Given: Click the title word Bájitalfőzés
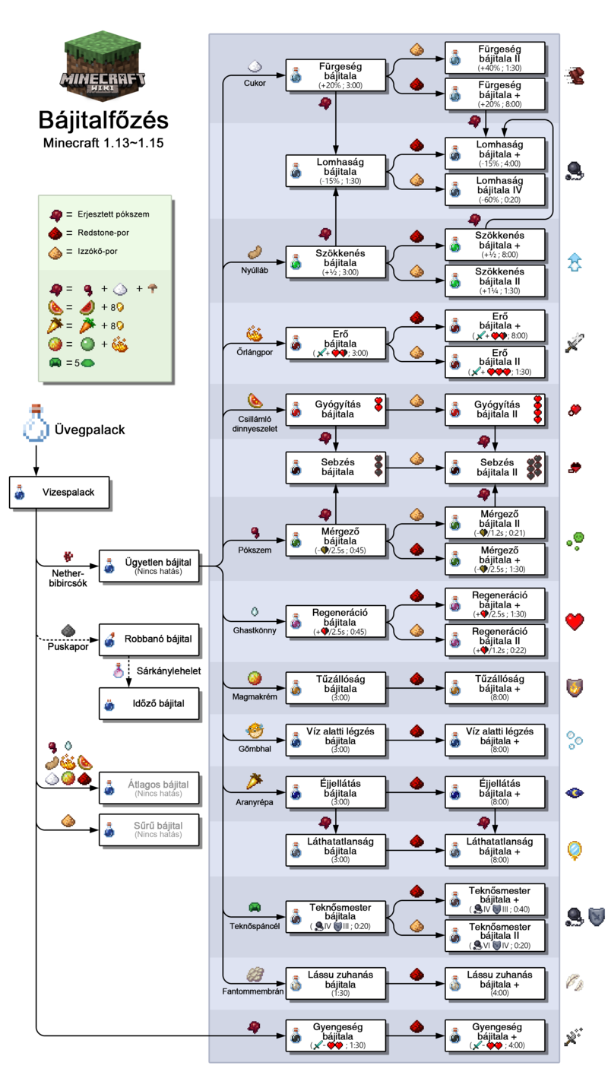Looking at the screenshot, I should [x=104, y=120].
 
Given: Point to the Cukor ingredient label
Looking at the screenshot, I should [x=255, y=84].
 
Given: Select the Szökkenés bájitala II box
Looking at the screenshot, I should [x=495, y=281].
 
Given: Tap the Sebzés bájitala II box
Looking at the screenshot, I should [x=495, y=467].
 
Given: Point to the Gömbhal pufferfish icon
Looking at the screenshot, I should [x=255, y=731].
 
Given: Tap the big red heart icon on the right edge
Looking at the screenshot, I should [x=575, y=622].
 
